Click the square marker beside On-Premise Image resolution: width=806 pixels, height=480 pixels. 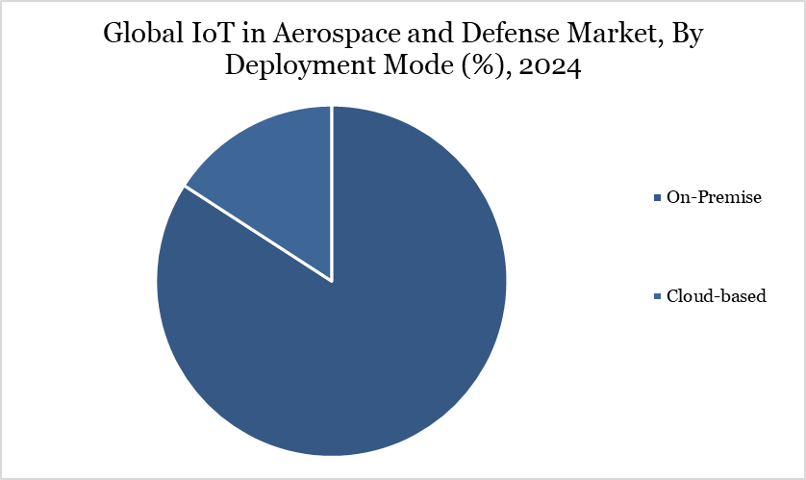[x=657, y=198]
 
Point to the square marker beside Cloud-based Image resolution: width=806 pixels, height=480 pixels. [x=657, y=297]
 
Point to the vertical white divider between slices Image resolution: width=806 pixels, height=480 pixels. [x=332, y=192]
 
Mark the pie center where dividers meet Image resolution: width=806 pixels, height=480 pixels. [x=332, y=281]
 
